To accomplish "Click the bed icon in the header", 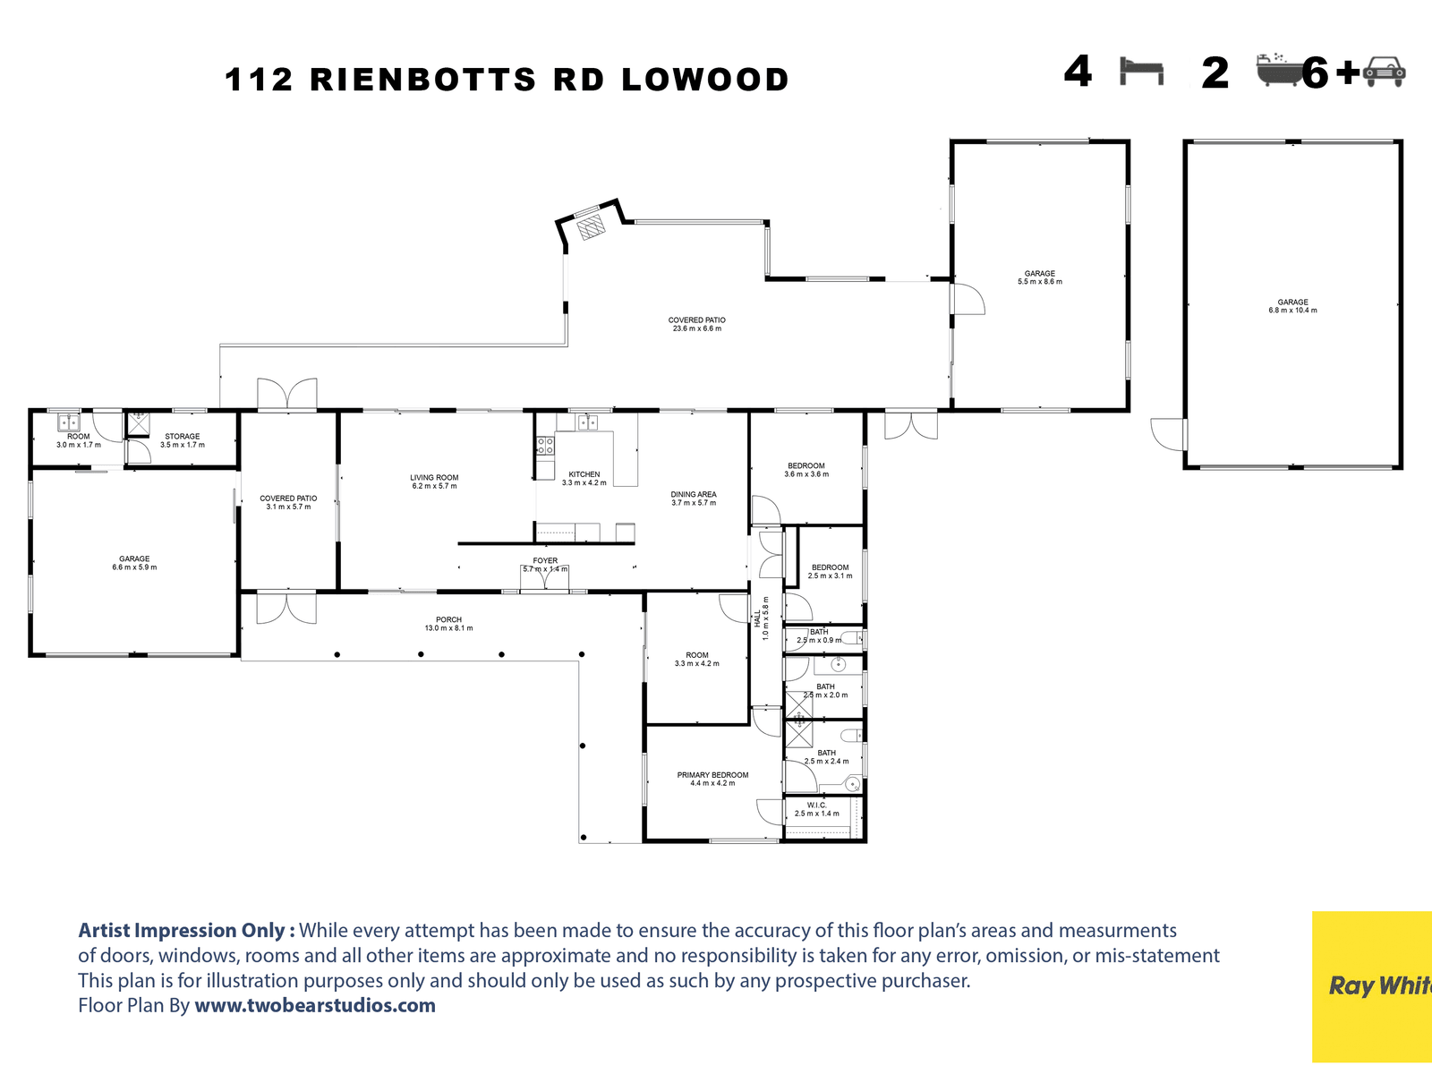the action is [x=1141, y=71].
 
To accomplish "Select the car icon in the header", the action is [x=1385, y=72].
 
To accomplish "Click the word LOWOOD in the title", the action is [x=705, y=80].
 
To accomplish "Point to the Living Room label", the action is [x=434, y=482].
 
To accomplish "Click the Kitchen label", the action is [x=584, y=478].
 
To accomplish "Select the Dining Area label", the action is [x=694, y=499].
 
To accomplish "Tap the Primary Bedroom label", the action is [x=712, y=779].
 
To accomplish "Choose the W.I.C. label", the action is [x=817, y=809].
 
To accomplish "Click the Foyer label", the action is [x=545, y=565].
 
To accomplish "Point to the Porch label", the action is [x=448, y=624].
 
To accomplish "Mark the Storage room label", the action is [x=183, y=440].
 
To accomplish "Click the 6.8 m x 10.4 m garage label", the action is [x=1292, y=306].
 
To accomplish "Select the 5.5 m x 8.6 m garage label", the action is [x=1040, y=277].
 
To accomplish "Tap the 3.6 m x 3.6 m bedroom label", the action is [x=806, y=470].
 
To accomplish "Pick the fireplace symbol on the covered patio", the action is [x=591, y=226].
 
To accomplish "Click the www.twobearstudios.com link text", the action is [x=315, y=1005].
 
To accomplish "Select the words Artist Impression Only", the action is [x=186, y=931].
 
